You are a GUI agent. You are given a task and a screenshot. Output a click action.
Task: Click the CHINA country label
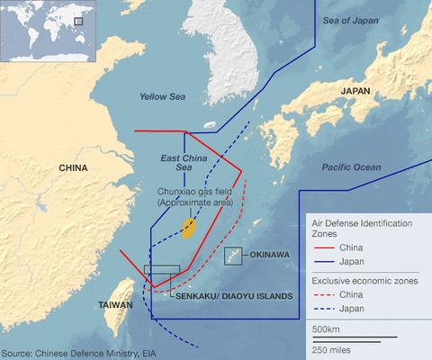(73, 168)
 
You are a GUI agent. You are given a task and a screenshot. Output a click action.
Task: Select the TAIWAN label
(117, 305)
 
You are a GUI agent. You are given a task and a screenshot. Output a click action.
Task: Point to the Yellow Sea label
(161, 96)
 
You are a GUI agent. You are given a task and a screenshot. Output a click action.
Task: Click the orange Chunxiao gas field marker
(188, 228)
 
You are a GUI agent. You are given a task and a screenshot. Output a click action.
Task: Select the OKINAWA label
(269, 256)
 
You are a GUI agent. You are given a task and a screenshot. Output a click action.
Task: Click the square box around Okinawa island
(234, 256)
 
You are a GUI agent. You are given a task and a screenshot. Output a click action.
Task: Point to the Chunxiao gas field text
(195, 197)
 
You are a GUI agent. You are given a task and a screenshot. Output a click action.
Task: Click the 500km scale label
(325, 330)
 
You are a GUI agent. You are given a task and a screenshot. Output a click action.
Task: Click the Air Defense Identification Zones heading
(361, 227)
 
